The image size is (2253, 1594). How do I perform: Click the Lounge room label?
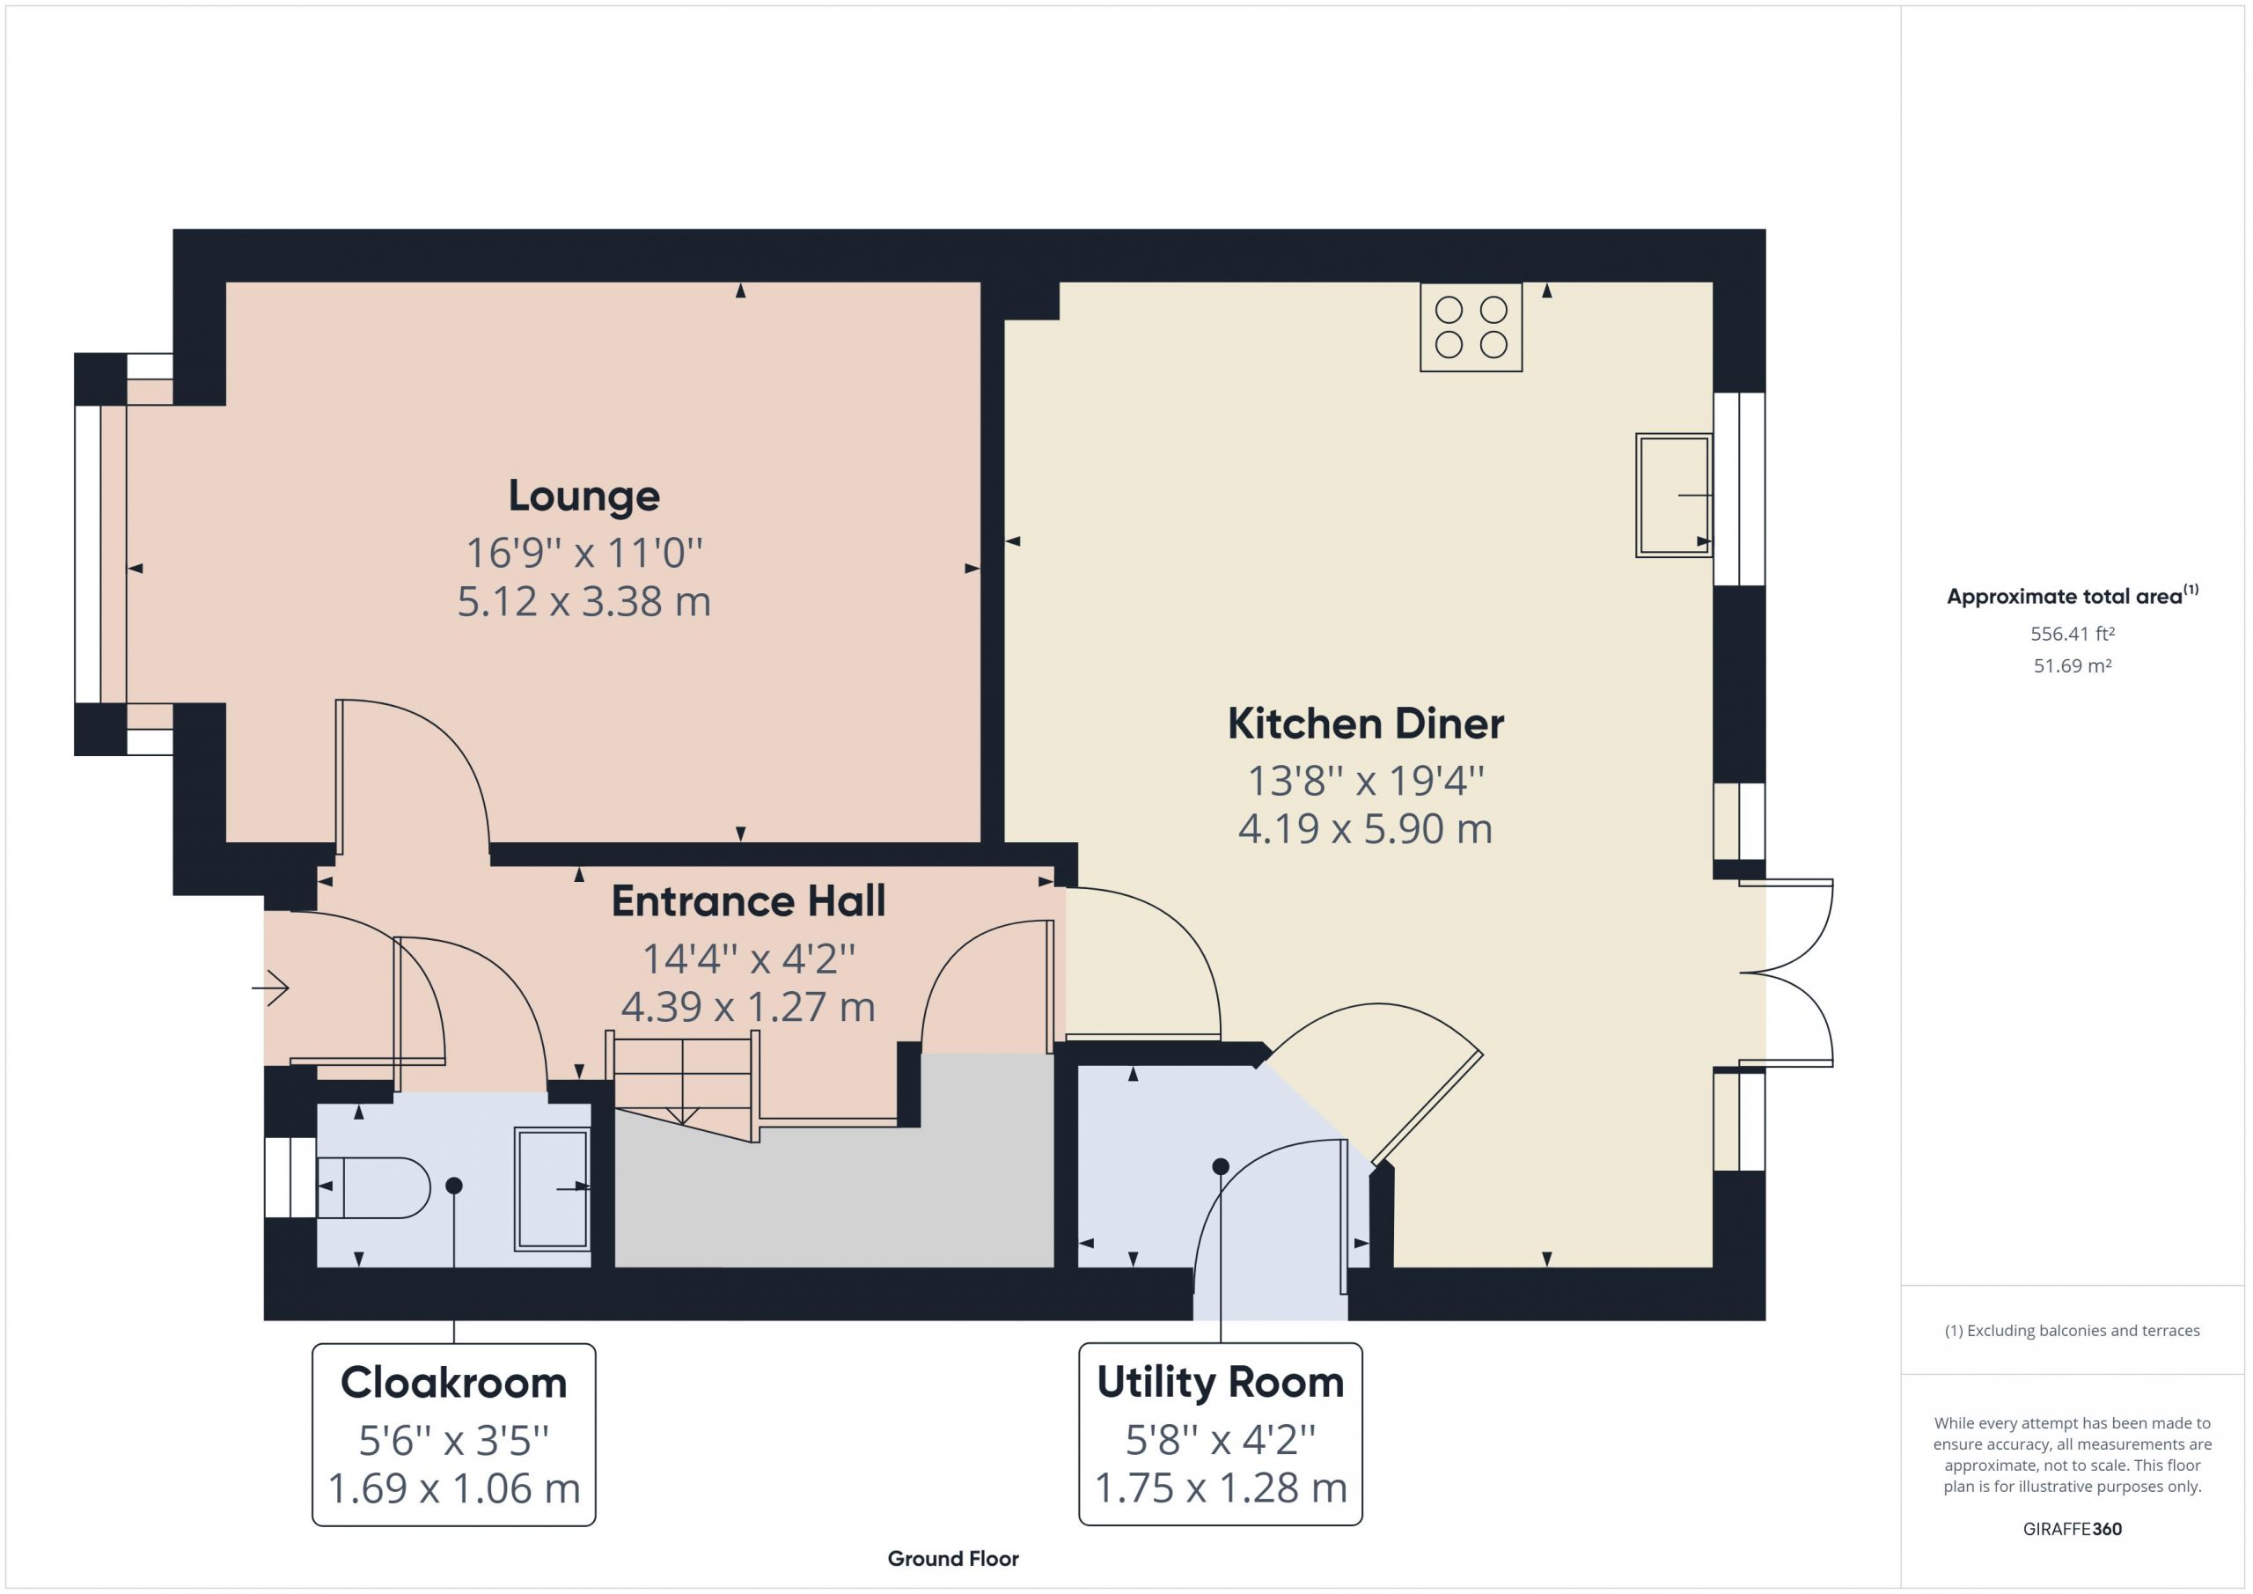pyautogui.click(x=583, y=496)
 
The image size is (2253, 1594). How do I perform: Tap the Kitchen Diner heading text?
pyautogui.click(x=1365, y=724)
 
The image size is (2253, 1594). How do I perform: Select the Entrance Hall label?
pyautogui.click(x=748, y=901)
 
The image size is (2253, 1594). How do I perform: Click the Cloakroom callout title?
pyautogui.click(x=453, y=1383)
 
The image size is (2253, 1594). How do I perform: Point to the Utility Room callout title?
pyautogui.click(x=1220, y=1382)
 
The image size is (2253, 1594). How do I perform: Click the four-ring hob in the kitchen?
pyautogui.click(x=1471, y=327)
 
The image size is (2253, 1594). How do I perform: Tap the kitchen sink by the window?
pyautogui.click(x=1674, y=495)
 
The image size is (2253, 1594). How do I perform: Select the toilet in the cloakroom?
pyautogui.click(x=374, y=1187)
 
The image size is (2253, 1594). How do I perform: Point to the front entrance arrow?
pyautogui.click(x=271, y=987)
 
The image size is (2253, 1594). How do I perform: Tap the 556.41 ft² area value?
pyautogui.click(x=2073, y=634)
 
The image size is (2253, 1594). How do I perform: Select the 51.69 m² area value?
pyautogui.click(x=2073, y=665)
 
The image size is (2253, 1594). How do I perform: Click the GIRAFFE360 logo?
pyautogui.click(x=2073, y=1528)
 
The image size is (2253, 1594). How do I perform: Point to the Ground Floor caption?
pyautogui.click(x=953, y=1559)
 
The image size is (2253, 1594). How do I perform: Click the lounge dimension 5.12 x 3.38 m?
pyautogui.click(x=583, y=602)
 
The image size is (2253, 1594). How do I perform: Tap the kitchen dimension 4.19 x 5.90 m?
pyautogui.click(x=1365, y=829)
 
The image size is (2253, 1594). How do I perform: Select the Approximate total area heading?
pyautogui.click(x=2073, y=595)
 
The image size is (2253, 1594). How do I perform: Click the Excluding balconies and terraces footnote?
pyautogui.click(x=2073, y=1331)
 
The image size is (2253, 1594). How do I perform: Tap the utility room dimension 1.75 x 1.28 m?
pyautogui.click(x=1220, y=1488)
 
